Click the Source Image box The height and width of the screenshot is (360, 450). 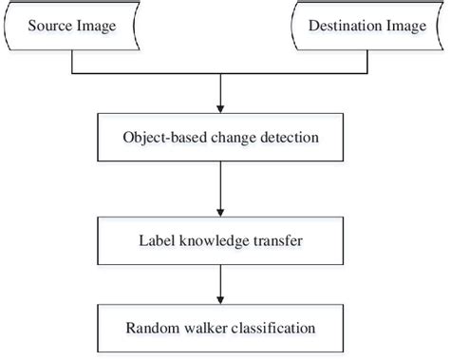point(73,27)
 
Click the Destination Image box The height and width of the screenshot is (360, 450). point(366,27)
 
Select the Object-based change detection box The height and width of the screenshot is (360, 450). point(220,139)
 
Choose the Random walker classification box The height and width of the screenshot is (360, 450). point(220,331)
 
